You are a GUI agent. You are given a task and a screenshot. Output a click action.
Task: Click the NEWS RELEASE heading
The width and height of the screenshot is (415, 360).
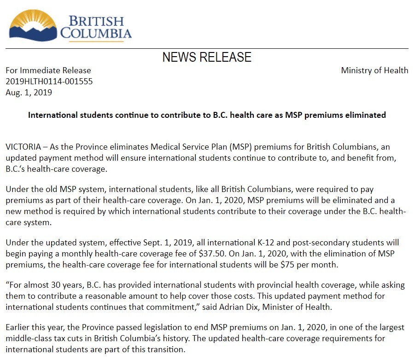tap(207, 57)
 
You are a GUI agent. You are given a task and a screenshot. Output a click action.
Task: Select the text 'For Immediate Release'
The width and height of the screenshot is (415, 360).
tap(48, 70)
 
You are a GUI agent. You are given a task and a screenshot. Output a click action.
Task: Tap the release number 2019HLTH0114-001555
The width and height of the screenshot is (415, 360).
tap(49, 81)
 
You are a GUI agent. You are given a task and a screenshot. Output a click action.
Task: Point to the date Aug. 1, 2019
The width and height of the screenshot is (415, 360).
tap(29, 93)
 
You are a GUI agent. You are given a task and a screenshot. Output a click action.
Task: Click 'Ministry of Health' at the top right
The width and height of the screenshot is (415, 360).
tap(374, 70)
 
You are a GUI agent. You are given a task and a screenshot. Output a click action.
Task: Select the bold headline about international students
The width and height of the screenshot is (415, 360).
tap(207, 115)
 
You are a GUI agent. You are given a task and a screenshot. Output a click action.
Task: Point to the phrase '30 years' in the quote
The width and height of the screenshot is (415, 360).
tap(62, 285)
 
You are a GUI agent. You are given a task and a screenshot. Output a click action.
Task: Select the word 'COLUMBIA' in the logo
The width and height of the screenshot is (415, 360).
tap(96, 34)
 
